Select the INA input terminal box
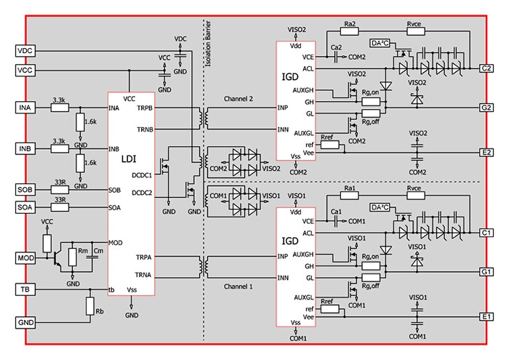[24, 108]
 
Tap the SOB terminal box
[24, 190]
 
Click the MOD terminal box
[24, 257]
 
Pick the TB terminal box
[24, 290]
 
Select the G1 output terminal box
[486, 271]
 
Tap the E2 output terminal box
[486, 153]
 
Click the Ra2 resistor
[350, 32]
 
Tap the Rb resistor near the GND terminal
[89, 306]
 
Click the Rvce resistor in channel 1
[414, 196]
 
